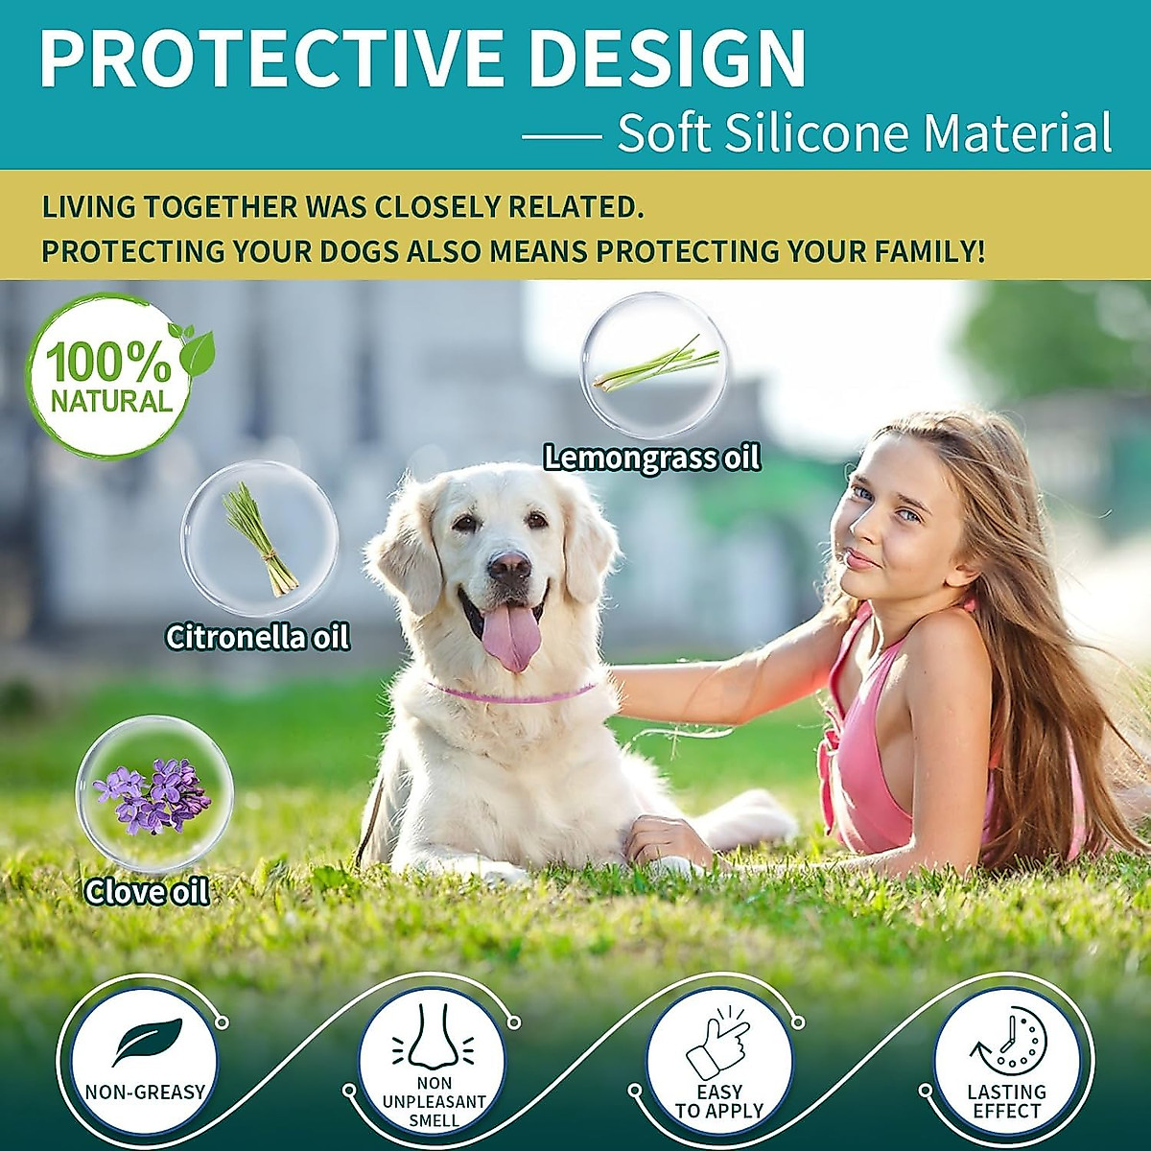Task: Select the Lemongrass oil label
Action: coord(652,458)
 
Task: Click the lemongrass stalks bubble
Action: coord(655,364)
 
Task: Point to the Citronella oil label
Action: coord(257,637)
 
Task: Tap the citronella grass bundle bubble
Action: coord(260,538)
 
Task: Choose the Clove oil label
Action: coord(147,892)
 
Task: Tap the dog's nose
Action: coord(508,566)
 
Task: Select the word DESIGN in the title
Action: coord(667,59)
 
